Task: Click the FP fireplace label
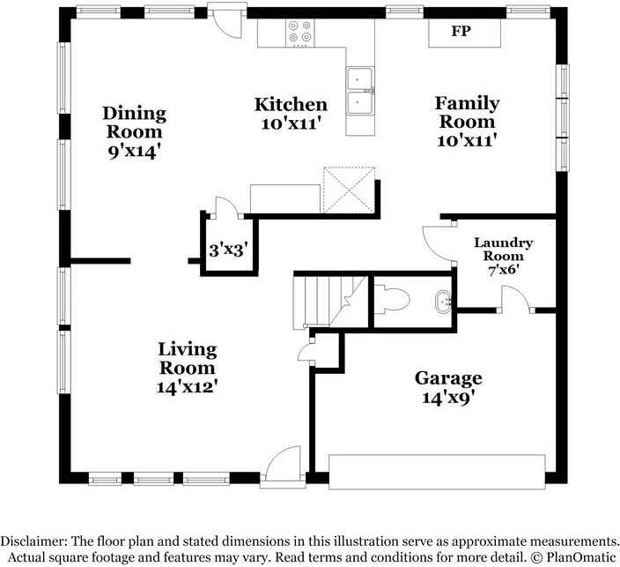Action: pyautogui.click(x=461, y=31)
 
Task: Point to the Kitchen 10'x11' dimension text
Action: pyautogui.click(x=291, y=124)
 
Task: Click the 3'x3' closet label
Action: pyautogui.click(x=229, y=250)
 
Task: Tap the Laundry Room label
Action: pyautogui.click(x=504, y=249)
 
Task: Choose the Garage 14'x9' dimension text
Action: pyautogui.click(x=448, y=397)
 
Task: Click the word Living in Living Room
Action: pyautogui.click(x=188, y=349)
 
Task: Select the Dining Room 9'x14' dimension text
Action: pyautogui.click(x=135, y=152)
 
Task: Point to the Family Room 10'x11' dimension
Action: pyautogui.click(x=467, y=140)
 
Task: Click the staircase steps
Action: pyautogui.click(x=329, y=302)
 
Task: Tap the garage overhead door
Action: pyautogui.click(x=437, y=472)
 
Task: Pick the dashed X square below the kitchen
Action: pyautogui.click(x=349, y=190)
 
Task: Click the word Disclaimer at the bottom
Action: pyautogui.click(x=32, y=541)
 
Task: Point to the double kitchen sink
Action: pyautogui.click(x=360, y=92)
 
